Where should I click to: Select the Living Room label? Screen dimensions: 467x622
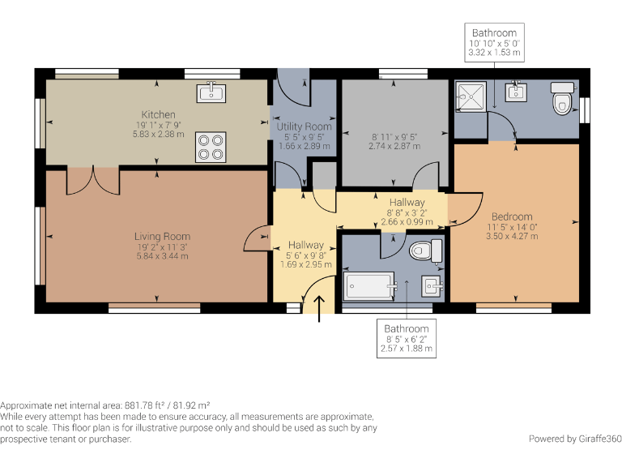point(161,236)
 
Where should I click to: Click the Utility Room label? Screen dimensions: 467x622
point(304,127)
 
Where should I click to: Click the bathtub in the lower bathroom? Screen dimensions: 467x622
point(369,286)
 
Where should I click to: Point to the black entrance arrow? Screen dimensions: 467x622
point(320,309)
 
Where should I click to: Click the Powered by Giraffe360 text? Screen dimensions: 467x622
point(575,439)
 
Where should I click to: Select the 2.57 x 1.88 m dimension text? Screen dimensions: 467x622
point(407,349)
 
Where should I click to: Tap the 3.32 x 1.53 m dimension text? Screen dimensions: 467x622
point(494,53)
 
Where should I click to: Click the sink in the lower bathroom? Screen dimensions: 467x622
point(432,285)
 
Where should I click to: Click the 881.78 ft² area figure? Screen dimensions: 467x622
point(146,405)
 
